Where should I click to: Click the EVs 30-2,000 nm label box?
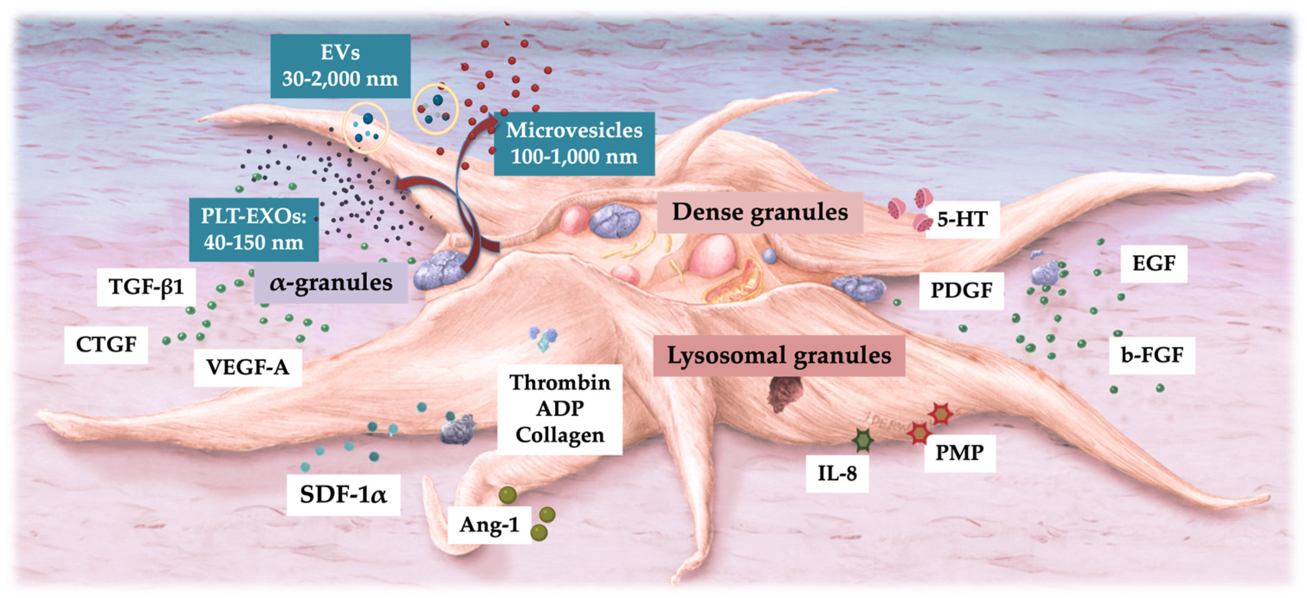click(x=340, y=66)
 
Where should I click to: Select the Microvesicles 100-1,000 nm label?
click(x=574, y=144)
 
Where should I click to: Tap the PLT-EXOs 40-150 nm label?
click(x=254, y=229)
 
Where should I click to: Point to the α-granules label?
click(x=331, y=282)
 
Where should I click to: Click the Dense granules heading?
click(x=760, y=212)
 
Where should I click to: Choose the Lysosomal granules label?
click(x=779, y=356)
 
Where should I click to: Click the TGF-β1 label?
click(x=147, y=287)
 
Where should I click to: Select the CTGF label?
click(x=106, y=345)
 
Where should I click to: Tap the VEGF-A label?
click(x=248, y=367)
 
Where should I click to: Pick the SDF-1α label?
click(x=344, y=494)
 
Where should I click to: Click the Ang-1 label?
click(x=490, y=525)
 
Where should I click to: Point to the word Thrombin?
click(x=560, y=383)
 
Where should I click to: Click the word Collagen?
click(x=560, y=435)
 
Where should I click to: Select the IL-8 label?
click(x=837, y=474)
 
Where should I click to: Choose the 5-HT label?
click(x=963, y=220)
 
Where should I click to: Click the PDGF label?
click(x=961, y=291)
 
